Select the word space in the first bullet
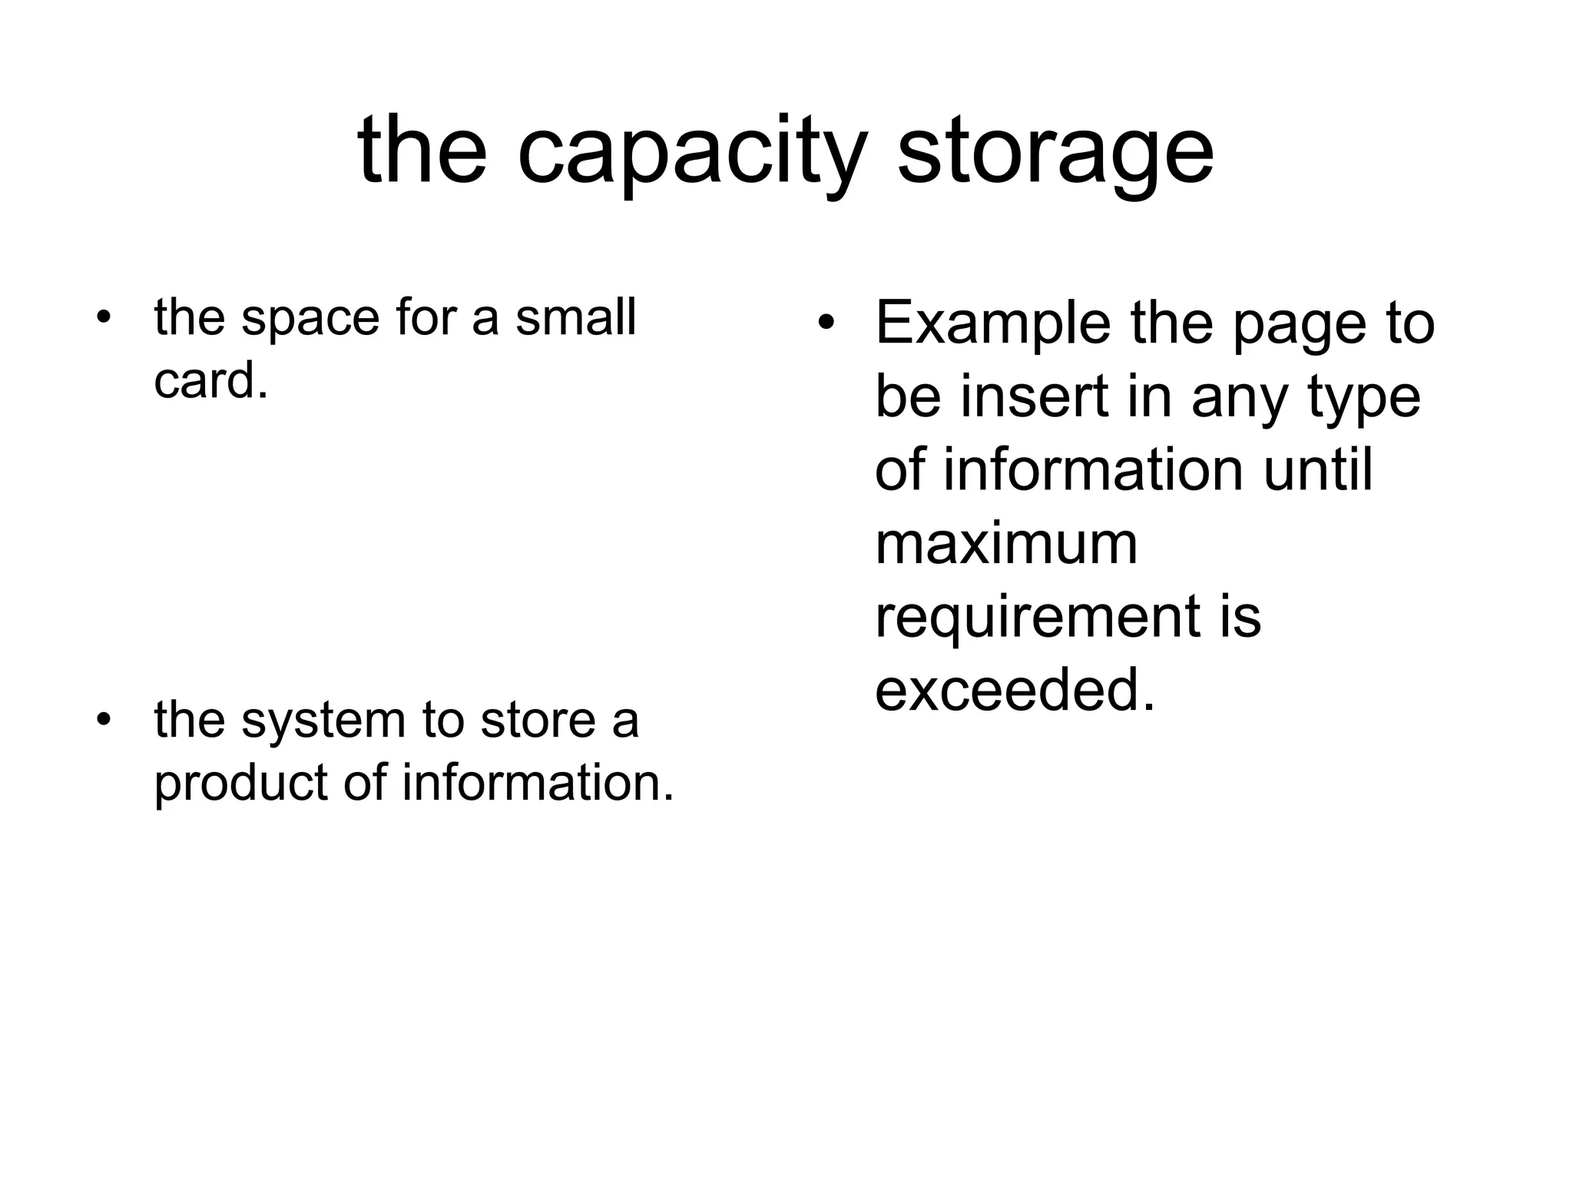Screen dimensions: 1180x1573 pos(311,318)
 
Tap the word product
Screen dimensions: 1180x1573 pos(241,784)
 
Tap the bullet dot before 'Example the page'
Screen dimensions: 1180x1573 pos(826,323)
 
